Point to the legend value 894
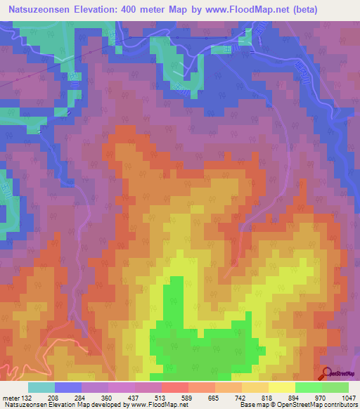[x=295, y=398]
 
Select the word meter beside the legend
[x=11, y=398]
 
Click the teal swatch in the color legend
[x=41, y=387]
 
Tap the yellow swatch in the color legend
[x=281, y=387]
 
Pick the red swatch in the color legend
[x=174, y=387]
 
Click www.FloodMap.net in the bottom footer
[x=153, y=405]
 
